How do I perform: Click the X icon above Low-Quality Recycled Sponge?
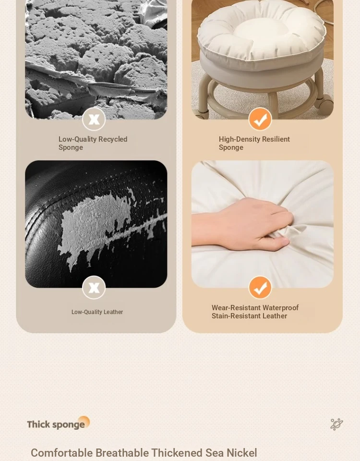94,119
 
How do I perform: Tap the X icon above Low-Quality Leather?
94,288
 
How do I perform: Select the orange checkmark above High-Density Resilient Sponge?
260,119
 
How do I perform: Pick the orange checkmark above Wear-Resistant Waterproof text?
260,288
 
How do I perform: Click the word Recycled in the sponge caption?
113,139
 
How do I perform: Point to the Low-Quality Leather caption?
97,312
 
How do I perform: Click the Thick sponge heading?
56,425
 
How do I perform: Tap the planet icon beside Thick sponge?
337,424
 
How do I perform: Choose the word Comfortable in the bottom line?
62,453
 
